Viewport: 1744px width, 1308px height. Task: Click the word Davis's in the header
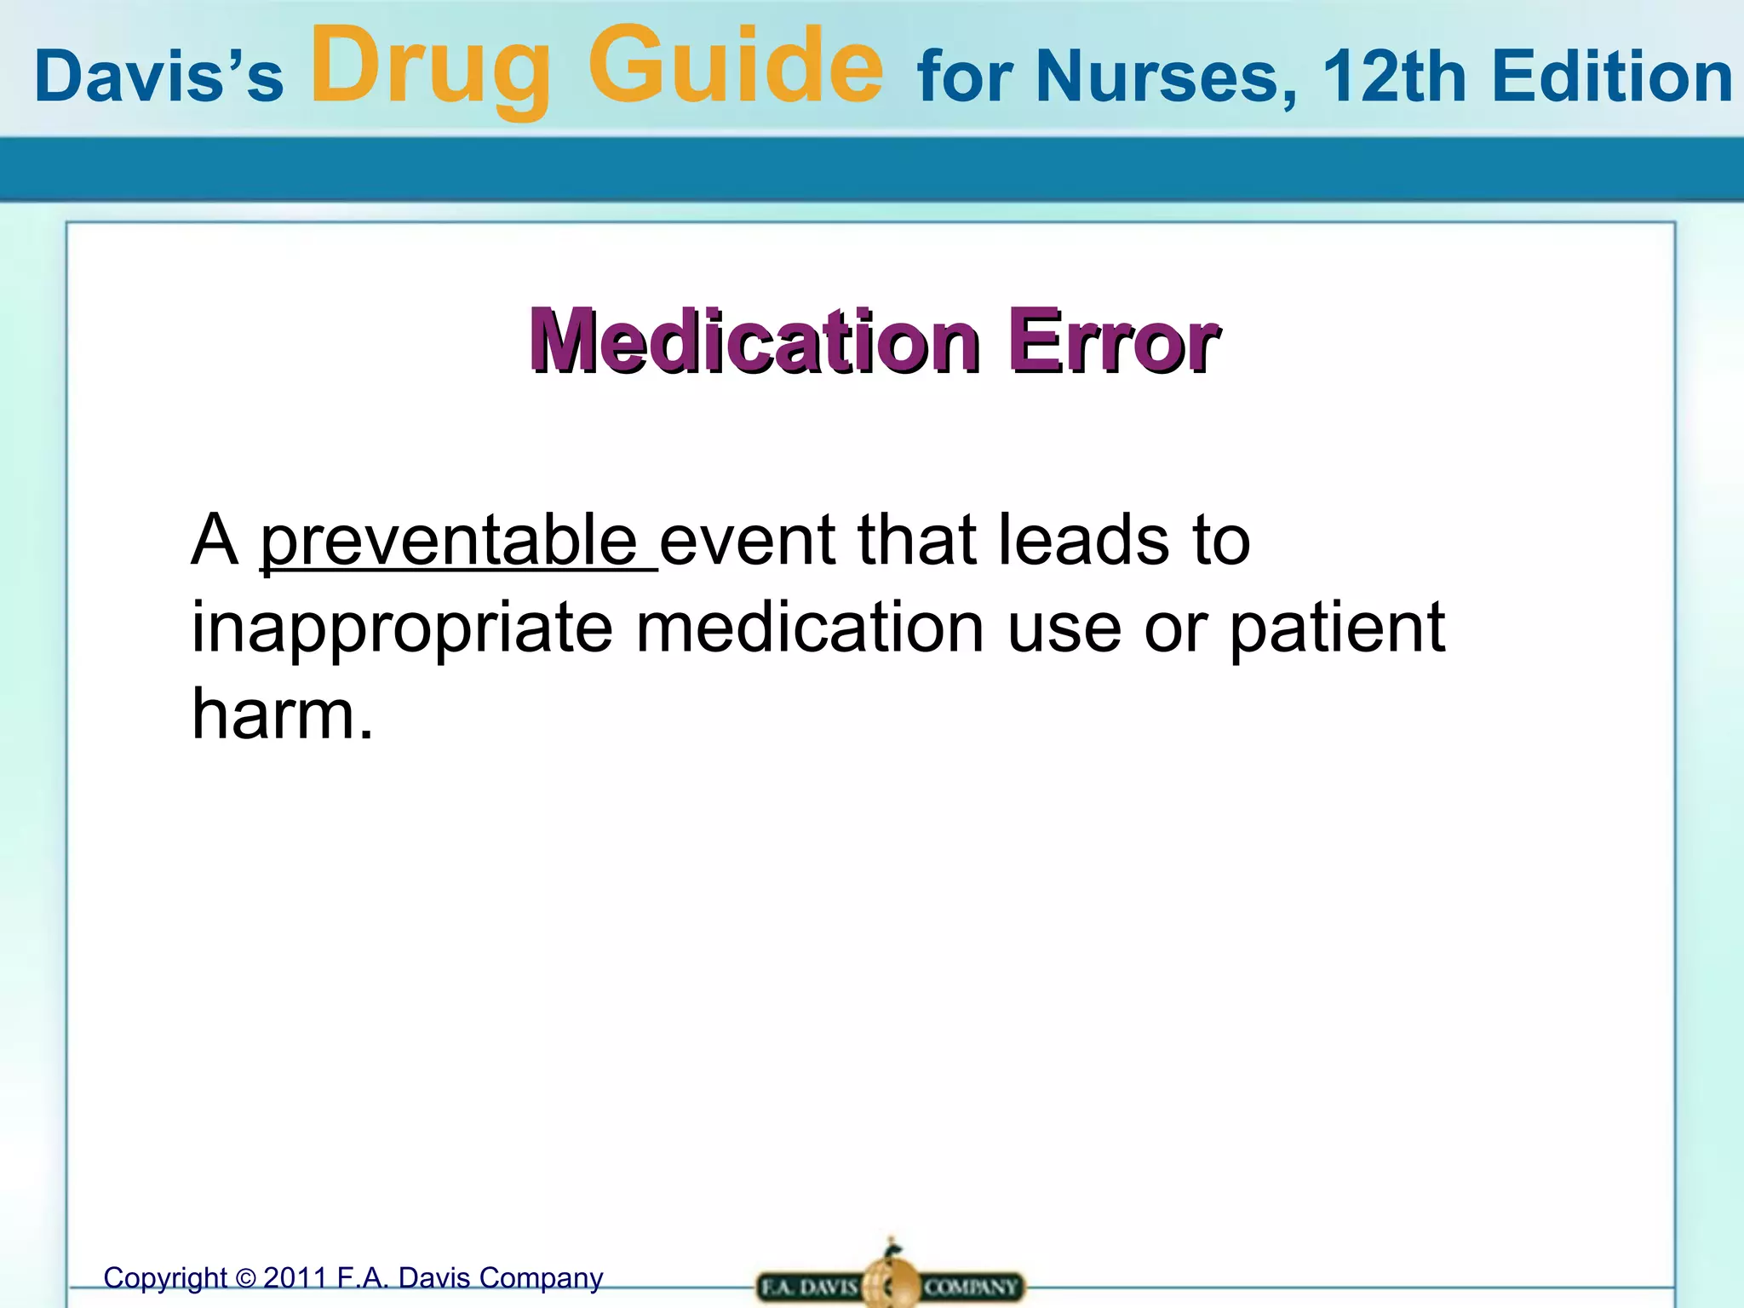[x=158, y=77]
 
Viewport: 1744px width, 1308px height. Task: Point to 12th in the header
[x=1393, y=77]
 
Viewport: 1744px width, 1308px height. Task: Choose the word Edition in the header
[x=1611, y=77]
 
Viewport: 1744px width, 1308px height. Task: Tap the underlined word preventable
[x=449, y=542]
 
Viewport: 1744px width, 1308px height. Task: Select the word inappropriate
[x=402, y=628]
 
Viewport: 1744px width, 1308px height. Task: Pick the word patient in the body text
[x=1337, y=628]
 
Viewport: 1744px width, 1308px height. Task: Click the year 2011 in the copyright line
[x=295, y=1277]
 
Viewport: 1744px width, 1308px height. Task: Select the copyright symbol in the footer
[x=245, y=1278]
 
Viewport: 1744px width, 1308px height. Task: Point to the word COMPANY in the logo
[x=971, y=1287]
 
